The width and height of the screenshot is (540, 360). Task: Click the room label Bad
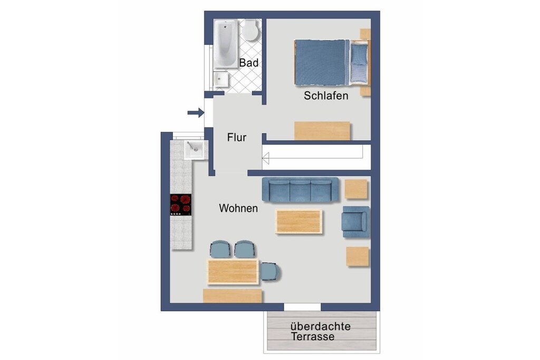(249, 63)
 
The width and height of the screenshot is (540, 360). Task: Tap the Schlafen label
(326, 95)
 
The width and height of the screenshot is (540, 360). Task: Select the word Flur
(237, 138)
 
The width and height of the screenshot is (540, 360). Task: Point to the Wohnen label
(238, 208)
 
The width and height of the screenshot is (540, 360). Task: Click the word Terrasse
(312, 336)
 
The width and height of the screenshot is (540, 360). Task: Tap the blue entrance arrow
(196, 112)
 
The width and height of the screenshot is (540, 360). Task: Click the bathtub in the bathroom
(226, 44)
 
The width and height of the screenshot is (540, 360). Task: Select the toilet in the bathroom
(250, 30)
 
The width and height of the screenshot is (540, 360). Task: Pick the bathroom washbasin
(221, 79)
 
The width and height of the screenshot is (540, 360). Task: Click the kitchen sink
(195, 150)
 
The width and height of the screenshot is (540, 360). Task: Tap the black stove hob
(181, 205)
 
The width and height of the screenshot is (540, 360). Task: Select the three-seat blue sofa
(300, 189)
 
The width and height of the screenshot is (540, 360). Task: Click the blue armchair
(356, 222)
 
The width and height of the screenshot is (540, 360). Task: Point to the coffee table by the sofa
(298, 221)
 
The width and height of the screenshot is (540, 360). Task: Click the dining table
(233, 271)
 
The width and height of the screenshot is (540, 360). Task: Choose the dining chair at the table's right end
(271, 271)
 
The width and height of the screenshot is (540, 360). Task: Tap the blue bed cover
(320, 62)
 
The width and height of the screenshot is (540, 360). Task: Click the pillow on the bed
(359, 54)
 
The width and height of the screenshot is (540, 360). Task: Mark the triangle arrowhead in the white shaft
(266, 159)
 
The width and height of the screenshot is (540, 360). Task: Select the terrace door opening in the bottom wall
(302, 307)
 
